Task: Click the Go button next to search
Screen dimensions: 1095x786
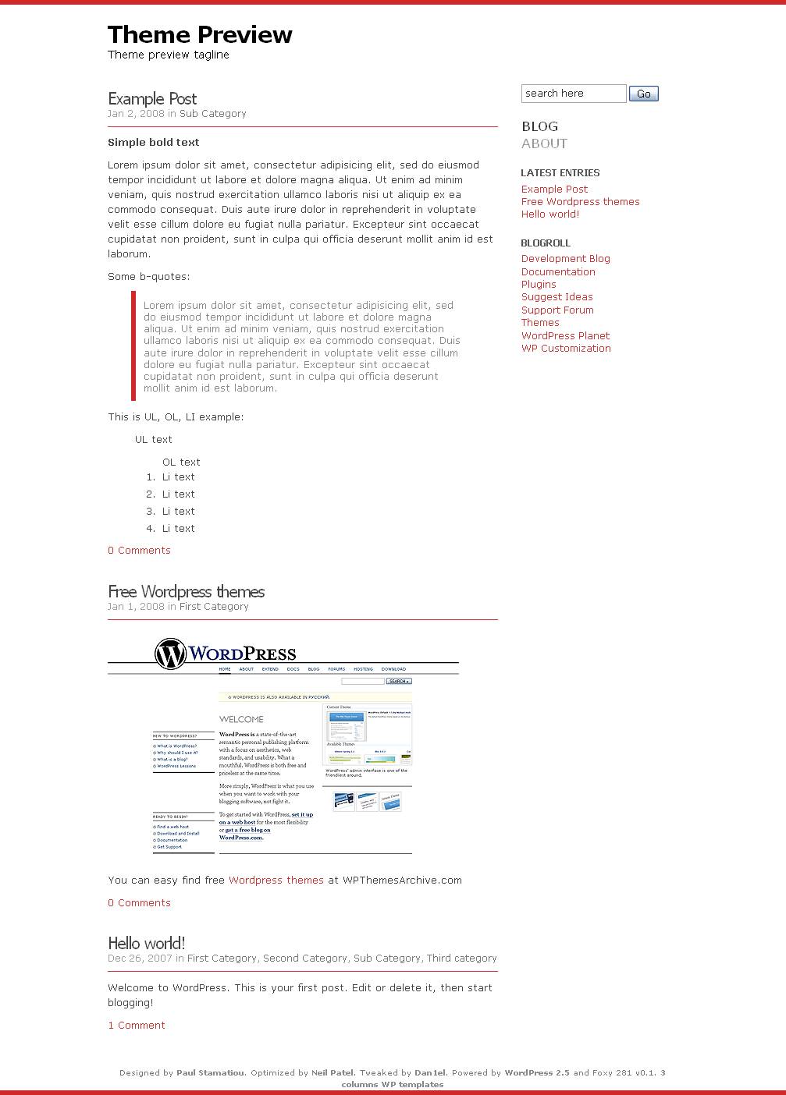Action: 643,94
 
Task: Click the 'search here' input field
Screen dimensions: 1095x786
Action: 573,94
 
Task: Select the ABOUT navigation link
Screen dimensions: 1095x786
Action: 544,144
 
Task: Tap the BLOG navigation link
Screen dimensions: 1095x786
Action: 539,126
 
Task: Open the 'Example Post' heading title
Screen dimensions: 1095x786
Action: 152,99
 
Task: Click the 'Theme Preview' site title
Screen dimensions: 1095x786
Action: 200,35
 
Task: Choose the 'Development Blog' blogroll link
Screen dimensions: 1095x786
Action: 565,259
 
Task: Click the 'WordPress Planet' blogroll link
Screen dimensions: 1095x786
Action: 565,336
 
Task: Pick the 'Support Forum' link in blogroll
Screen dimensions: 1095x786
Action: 557,310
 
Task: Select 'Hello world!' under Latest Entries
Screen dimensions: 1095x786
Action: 549,214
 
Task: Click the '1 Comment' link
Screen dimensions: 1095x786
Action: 137,1026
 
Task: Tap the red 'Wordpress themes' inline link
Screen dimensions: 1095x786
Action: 276,881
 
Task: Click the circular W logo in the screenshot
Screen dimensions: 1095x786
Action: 170,654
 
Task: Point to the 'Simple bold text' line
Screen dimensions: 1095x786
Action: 154,143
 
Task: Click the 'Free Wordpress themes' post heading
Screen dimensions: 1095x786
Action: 186,592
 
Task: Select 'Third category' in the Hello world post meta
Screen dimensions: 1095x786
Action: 461,959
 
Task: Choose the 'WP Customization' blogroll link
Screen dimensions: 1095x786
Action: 566,349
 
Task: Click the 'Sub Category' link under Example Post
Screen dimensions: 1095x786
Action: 212,114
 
